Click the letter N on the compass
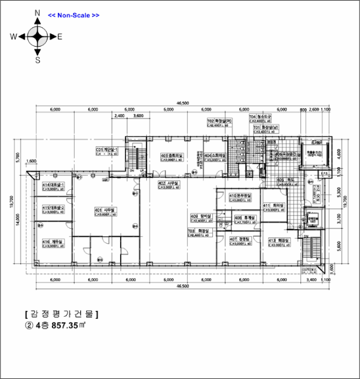tap(37, 12)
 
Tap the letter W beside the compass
tap(14, 37)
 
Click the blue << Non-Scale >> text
tap(74, 15)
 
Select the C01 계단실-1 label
tap(107, 149)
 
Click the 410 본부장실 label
tap(240, 195)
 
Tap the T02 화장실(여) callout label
tap(219, 121)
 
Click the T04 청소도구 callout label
tap(260, 116)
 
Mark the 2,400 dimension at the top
tap(119, 116)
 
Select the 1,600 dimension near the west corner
tap(31, 161)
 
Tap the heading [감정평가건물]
tap(61, 314)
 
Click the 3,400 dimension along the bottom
tap(311, 281)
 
